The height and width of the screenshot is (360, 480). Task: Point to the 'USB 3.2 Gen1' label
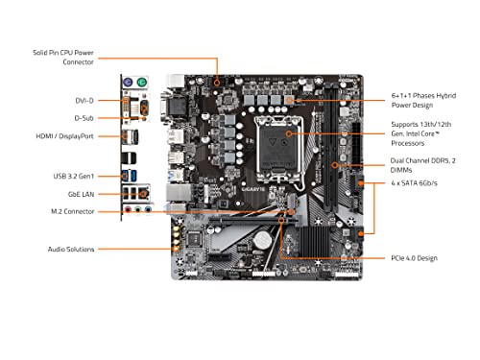click(x=73, y=176)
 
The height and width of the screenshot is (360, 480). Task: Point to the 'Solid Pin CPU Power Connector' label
click(x=63, y=57)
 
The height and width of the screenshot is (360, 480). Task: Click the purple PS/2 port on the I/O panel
click(x=125, y=83)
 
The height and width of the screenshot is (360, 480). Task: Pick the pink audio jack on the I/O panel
click(x=127, y=206)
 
